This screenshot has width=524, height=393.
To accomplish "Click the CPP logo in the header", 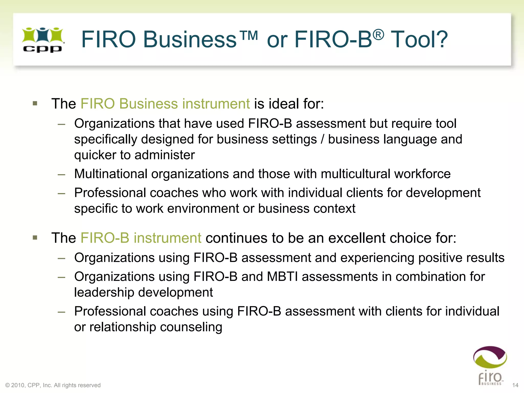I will pos(43,40).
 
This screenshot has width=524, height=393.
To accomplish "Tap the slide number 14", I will pos(515,385).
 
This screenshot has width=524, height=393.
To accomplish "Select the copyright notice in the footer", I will pos(53,385).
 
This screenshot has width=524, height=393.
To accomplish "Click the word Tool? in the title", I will pos(419,39).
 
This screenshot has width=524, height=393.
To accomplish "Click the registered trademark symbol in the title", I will pos(378,35).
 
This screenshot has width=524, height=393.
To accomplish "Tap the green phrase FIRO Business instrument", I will pos(165,104).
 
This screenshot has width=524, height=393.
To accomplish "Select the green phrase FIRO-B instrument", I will pos(141,238).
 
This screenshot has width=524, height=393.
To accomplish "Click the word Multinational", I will pos(111,174).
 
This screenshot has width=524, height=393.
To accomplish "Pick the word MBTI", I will pos(282,277).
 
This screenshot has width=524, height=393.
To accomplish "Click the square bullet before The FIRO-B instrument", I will pos(35,238).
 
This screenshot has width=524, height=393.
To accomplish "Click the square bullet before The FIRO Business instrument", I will pos(35,104).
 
